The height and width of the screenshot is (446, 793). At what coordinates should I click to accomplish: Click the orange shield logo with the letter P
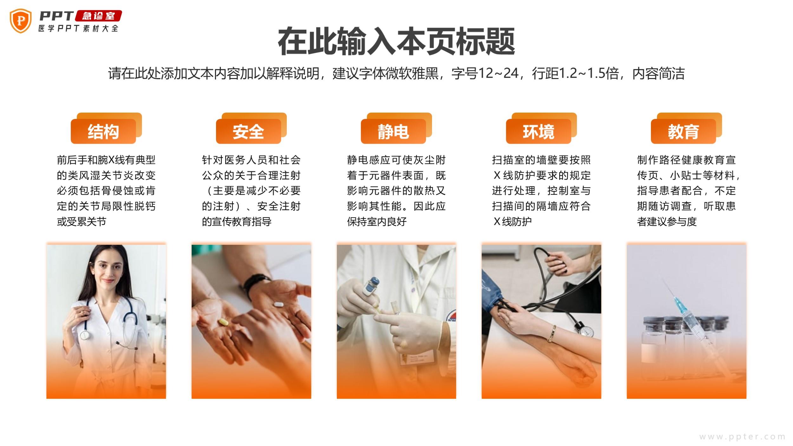tap(21, 21)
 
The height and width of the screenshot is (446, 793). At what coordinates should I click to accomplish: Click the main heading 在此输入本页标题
tap(396, 42)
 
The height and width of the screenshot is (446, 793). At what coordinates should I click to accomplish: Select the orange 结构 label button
tap(103, 131)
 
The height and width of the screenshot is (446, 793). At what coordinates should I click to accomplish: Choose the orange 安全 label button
tap(248, 131)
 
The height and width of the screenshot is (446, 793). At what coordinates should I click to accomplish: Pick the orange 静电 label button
tap(393, 131)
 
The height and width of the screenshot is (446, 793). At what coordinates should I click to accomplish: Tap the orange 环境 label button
tap(539, 131)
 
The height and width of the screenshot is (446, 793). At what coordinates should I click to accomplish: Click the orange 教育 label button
tap(684, 131)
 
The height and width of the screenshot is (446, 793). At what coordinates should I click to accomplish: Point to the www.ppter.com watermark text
tap(742, 437)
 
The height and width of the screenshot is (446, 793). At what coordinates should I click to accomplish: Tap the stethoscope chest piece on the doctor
tap(84, 335)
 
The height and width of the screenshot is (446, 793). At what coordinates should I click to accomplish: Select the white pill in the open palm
tap(278, 305)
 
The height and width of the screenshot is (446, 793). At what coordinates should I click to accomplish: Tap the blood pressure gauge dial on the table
tap(584, 330)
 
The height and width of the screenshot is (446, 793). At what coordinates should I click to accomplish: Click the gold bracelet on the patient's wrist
tap(551, 333)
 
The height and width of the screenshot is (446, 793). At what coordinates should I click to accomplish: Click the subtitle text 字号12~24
tap(485, 73)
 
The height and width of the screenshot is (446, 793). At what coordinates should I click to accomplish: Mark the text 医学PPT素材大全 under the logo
tap(78, 28)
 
